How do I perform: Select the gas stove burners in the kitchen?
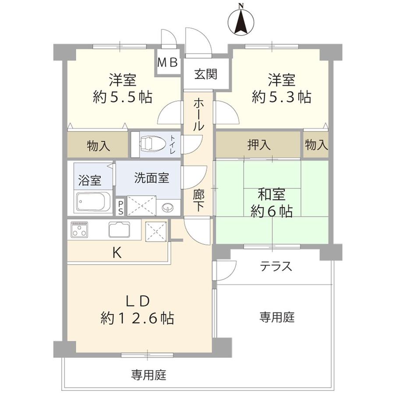pyautogui.click(x=79, y=229)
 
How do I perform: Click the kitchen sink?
pyautogui.click(x=119, y=230)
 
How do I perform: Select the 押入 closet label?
pyautogui.click(x=258, y=145)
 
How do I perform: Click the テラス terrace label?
pyautogui.click(x=276, y=266)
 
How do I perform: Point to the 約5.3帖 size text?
pyautogui.click(x=281, y=97)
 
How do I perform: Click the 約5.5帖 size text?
pyautogui.click(x=122, y=97)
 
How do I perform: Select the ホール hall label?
pyautogui.click(x=198, y=115)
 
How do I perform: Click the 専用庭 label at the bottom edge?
pyautogui.click(x=149, y=375)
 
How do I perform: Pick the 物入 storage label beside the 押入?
pyautogui.click(x=316, y=145)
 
